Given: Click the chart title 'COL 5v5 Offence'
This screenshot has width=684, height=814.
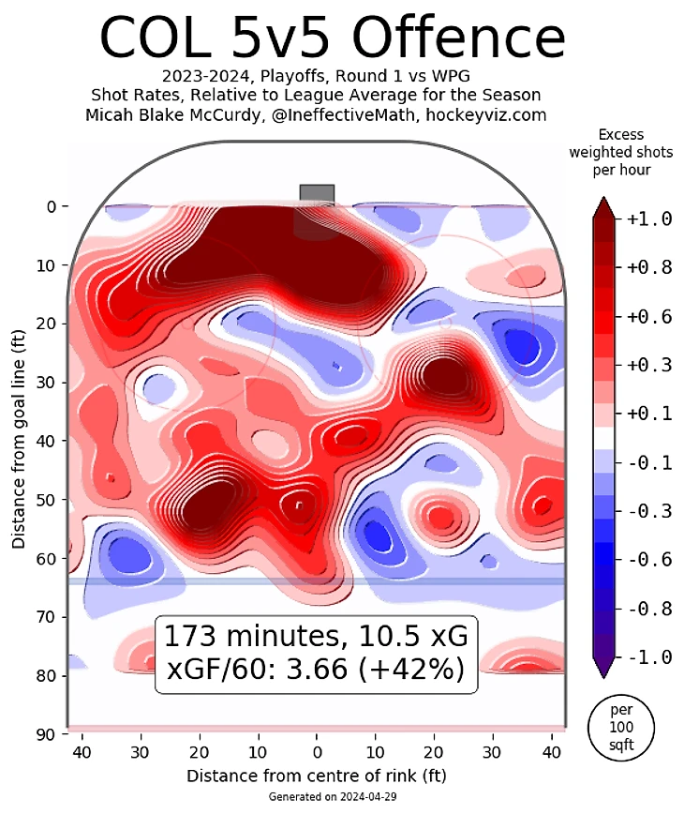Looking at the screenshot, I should [332, 38].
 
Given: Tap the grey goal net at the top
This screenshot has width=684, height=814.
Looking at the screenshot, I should [317, 192].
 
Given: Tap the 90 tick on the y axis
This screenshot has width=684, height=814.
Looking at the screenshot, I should [46, 734].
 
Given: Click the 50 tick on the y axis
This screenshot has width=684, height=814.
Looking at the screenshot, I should [46, 499].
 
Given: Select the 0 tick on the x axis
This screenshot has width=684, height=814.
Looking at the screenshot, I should [317, 752].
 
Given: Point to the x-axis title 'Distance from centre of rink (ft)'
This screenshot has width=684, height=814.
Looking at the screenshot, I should [317, 776].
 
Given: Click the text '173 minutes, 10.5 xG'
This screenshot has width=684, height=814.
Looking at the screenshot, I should [315, 636].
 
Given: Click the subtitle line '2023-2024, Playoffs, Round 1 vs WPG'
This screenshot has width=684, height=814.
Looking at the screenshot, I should [317, 77].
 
